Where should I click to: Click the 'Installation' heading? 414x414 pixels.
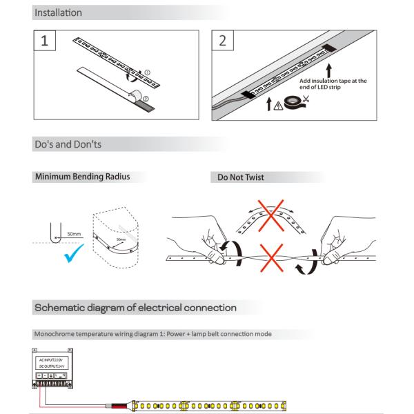(58, 12)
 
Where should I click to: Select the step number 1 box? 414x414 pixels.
(45, 40)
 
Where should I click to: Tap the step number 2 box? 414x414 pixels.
(221, 40)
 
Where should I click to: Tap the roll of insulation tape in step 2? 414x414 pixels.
(291, 102)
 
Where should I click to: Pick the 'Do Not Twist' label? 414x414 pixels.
(240, 177)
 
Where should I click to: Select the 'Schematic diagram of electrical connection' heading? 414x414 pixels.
(135, 307)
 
